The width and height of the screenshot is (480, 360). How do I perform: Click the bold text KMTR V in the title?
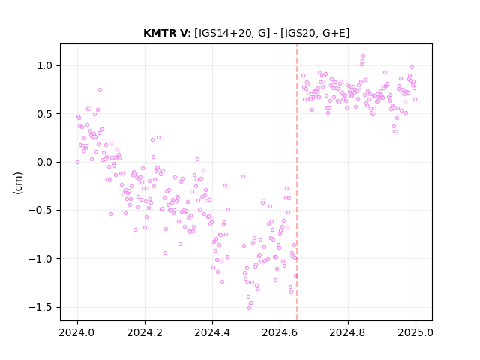(165, 33)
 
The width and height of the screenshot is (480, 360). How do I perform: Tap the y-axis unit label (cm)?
(18, 183)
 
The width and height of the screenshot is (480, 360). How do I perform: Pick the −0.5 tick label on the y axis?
(42, 211)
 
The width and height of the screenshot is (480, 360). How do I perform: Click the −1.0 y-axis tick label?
(42, 259)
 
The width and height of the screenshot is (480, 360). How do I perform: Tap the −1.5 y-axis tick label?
(42, 307)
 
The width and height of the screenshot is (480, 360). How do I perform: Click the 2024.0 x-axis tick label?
(77, 332)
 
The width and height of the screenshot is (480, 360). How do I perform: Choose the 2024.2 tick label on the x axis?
(145, 332)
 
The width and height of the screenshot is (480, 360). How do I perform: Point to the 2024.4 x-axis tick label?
(212, 332)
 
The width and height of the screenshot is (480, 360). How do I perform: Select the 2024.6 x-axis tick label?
(280, 332)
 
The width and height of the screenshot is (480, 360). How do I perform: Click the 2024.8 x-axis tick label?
(348, 332)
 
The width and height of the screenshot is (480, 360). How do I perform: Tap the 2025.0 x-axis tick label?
(415, 332)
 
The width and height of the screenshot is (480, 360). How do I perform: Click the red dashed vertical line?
(297, 182)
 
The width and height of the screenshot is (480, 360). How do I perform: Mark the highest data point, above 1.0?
(363, 56)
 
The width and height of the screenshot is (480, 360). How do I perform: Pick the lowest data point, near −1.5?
(249, 307)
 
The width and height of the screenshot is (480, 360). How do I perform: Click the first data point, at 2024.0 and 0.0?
(77, 162)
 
